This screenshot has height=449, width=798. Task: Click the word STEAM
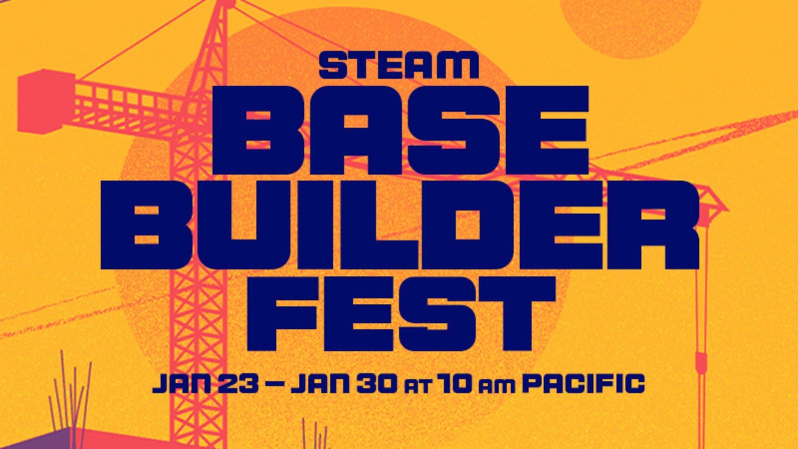pyautogui.click(x=399, y=66)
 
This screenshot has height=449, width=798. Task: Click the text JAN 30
pyautogui.click(x=344, y=385)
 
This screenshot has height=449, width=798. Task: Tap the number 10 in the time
pyautogui.click(x=453, y=385)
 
